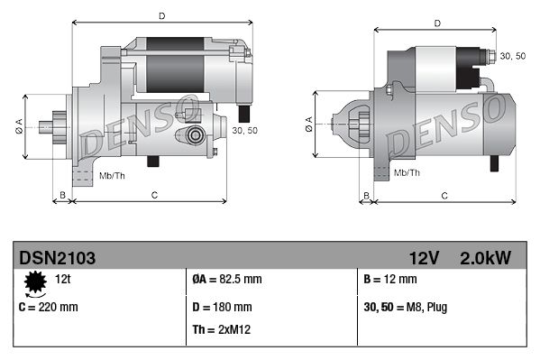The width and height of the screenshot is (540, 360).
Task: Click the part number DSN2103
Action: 57,258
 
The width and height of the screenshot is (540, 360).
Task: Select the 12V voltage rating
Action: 423,258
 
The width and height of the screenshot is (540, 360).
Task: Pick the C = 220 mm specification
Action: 49,307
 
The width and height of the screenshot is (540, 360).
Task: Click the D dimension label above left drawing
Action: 161,15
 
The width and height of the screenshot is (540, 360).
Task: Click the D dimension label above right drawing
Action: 436,23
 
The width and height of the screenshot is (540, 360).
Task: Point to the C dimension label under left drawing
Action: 154,195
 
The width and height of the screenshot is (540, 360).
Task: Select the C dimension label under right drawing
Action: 445,195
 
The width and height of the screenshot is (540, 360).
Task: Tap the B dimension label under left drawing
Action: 62,195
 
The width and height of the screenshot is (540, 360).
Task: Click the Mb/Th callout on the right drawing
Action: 407,171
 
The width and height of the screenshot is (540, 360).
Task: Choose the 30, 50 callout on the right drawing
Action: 512,57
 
